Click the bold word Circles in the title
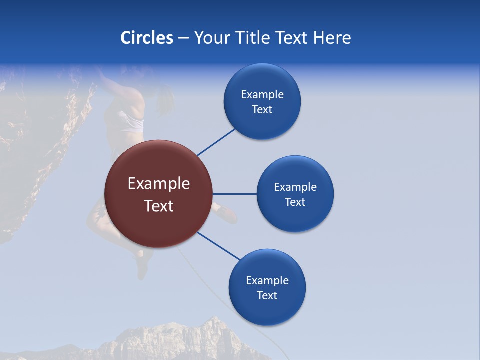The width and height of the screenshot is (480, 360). (146, 38)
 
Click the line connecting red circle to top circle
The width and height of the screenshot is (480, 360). (216, 142)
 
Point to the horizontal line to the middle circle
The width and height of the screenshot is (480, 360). (235, 194)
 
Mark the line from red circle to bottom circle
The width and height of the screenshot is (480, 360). (219, 246)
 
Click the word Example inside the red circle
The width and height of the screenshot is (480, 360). (158, 183)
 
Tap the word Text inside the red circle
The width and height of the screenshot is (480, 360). (158, 206)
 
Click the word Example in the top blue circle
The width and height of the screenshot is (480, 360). (262, 94)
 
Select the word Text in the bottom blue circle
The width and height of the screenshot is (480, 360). (267, 295)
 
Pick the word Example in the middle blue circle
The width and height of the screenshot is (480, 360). (295, 187)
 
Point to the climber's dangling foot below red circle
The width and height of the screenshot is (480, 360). (142, 267)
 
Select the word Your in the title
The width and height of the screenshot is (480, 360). (211, 38)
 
